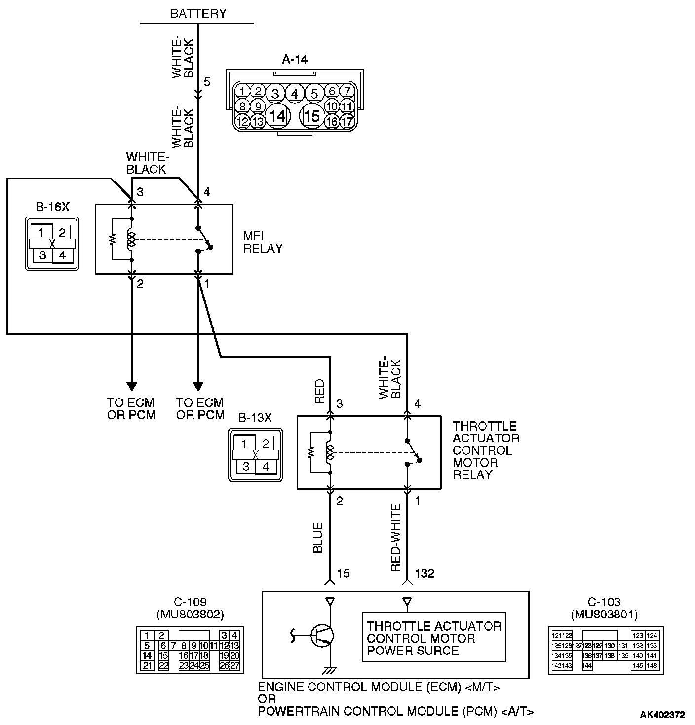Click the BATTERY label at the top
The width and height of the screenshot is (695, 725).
click(x=198, y=13)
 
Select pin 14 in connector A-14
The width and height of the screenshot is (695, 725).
click(x=277, y=116)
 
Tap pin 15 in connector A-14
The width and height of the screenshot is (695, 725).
click(x=312, y=116)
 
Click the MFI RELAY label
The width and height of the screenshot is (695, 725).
click(x=263, y=242)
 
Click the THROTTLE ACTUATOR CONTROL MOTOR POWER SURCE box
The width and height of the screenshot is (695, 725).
click(x=434, y=638)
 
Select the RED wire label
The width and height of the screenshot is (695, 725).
click(x=319, y=391)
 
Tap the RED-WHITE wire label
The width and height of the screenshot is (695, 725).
click(x=395, y=538)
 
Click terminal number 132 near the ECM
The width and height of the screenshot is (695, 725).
click(x=425, y=573)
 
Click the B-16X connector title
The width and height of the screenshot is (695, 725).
click(x=52, y=207)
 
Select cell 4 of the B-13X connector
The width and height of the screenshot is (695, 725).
click(x=266, y=466)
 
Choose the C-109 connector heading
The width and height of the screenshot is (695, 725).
click(x=190, y=602)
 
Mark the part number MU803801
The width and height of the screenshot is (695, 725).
click(x=604, y=615)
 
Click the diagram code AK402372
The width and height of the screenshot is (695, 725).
click(x=662, y=715)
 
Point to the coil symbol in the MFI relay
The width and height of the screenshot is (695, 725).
click(x=131, y=239)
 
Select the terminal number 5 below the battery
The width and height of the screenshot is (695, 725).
click(x=207, y=82)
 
